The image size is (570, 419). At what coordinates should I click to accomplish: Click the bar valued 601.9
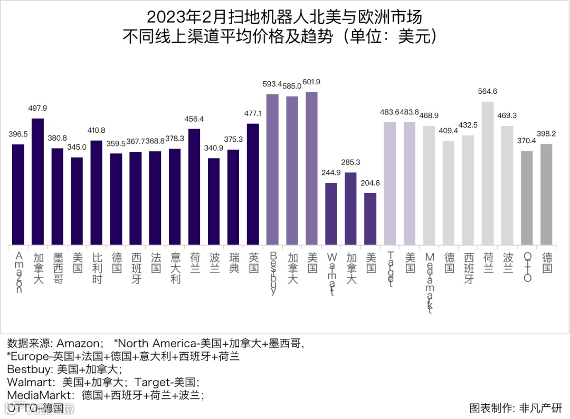pyautogui.click(x=312, y=169)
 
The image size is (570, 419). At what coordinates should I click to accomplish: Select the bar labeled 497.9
pyautogui.click(x=38, y=182)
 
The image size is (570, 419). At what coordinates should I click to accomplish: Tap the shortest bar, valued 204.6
pyautogui.click(x=371, y=219)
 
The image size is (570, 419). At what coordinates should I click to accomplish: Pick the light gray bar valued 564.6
pyautogui.click(x=488, y=173)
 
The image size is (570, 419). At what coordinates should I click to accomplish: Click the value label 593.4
pyautogui.click(x=272, y=84)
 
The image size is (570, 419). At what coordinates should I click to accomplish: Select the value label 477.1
pyautogui.click(x=253, y=113)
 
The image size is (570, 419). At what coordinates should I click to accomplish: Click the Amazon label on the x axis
pyautogui.click(x=19, y=272)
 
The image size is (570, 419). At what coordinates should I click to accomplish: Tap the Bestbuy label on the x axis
pyautogui.click(x=273, y=273)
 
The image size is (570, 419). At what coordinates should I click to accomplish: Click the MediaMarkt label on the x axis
pyautogui.click(x=430, y=282)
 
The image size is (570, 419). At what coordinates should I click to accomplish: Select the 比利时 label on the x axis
pyautogui.click(x=97, y=268)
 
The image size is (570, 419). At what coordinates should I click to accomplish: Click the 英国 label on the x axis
pyautogui.click(x=253, y=262)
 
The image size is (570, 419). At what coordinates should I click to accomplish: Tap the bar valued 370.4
pyautogui.click(x=527, y=198)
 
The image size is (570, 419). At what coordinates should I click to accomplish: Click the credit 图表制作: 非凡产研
pyautogui.click(x=516, y=408)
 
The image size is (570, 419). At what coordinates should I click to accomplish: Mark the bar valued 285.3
pyautogui.click(x=351, y=209)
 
